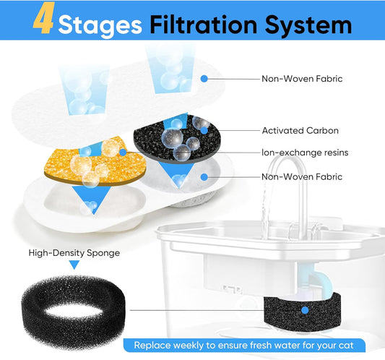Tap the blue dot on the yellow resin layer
click(124, 152)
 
